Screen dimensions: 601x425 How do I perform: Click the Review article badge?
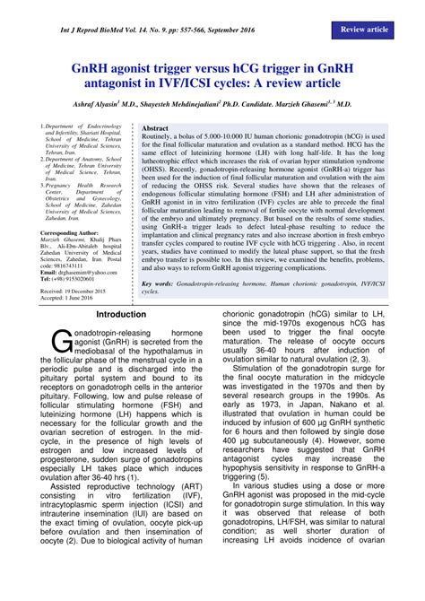click(365, 30)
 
